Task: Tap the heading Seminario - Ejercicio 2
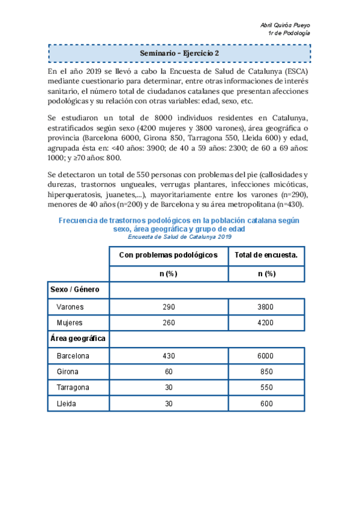[x=179, y=53]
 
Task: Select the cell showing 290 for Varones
[x=169, y=307]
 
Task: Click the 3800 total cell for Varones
[x=265, y=307]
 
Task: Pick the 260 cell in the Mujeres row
[x=169, y=323]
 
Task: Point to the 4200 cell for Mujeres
[x=265, y=323]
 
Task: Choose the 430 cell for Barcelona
[x=169, y=355]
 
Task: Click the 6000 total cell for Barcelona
[x=265, y=355]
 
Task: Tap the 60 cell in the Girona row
[x=169, y=372]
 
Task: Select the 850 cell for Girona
[x=265, y=372]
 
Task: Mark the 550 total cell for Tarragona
[x=265, y=388]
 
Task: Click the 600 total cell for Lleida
[x=265, y=404]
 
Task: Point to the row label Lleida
[x=66, y=404]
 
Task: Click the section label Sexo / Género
[x=74, y=290]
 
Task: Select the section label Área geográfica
[x=78, y=339]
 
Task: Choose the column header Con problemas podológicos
[x=168, y=255]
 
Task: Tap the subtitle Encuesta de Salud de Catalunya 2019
[x=179, y=236]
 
